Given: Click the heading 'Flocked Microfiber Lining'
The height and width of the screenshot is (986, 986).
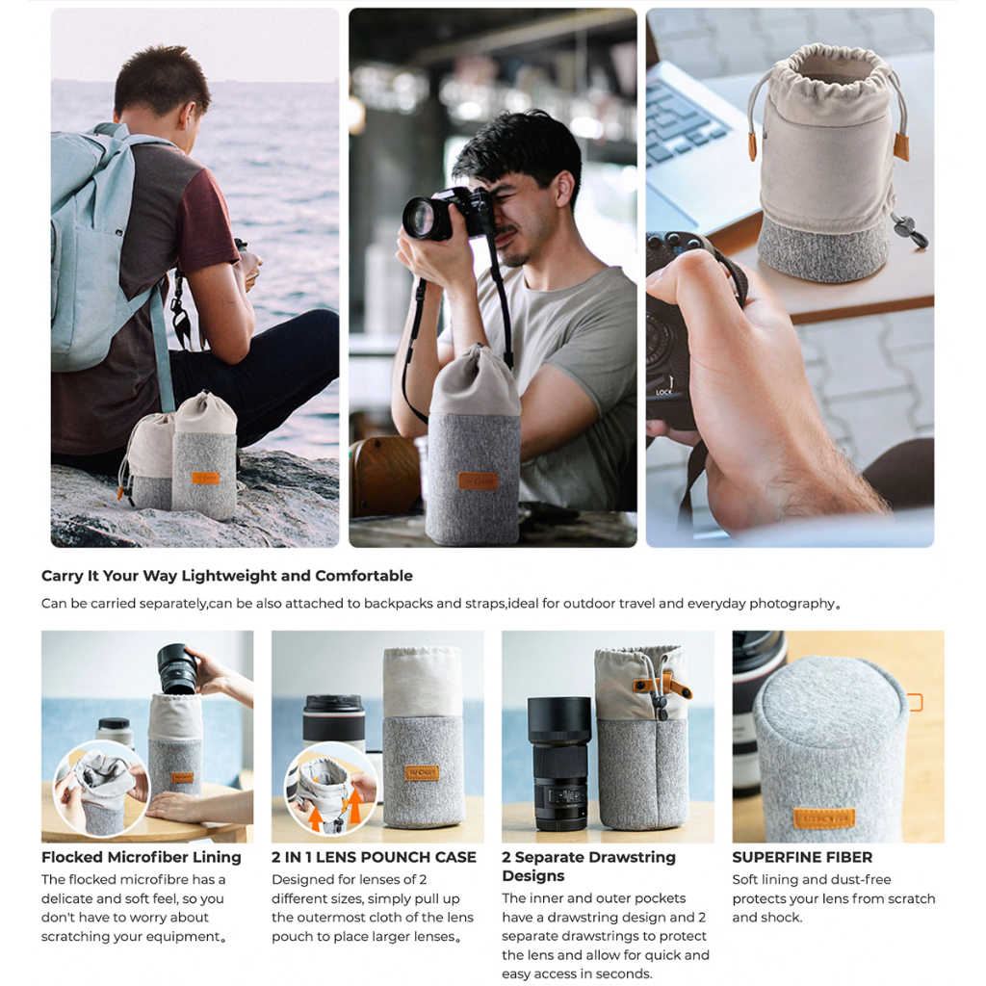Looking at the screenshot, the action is click(142, 857).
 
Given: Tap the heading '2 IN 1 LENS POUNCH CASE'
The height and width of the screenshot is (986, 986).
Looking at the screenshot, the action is click(375, 857).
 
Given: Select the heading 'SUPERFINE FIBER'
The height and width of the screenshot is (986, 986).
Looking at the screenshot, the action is click(802, 857).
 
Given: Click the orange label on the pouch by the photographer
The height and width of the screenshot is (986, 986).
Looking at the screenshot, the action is click(478, 481).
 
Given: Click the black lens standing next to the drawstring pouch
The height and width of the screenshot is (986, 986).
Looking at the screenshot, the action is click(558, 764).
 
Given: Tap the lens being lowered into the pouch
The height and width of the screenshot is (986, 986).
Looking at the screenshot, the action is click(177, 669).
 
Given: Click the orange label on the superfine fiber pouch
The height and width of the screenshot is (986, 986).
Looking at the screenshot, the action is click(824, 818).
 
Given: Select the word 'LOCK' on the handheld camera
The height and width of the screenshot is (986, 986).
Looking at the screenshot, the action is click(664, 393).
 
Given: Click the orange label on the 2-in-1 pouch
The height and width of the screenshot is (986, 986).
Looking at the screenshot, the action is click(422, 773).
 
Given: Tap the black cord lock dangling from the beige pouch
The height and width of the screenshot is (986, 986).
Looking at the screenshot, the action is click(911, 229).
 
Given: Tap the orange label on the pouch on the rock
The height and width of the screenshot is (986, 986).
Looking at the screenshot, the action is click(206, 478).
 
